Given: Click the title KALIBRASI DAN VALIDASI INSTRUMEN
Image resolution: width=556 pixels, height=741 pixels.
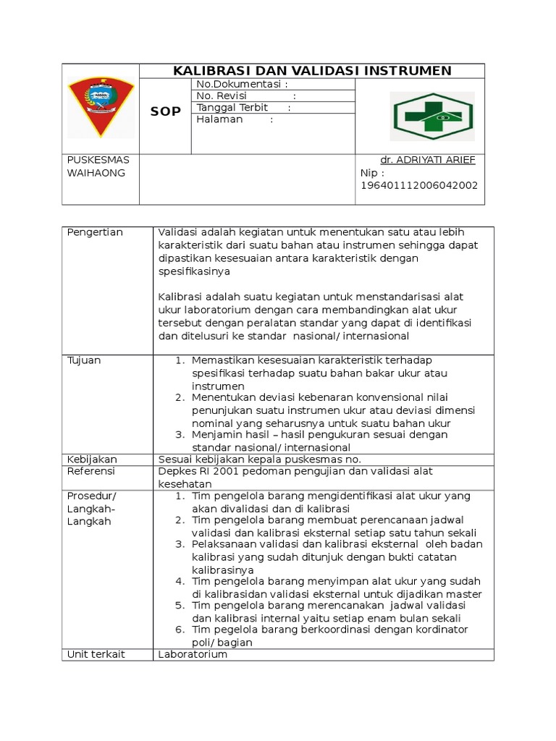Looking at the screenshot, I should click(x=311, y=71).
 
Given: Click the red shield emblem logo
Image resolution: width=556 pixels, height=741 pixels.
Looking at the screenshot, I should click(x=101, y=107).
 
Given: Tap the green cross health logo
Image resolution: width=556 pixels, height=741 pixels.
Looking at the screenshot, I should click(x=432, y=116).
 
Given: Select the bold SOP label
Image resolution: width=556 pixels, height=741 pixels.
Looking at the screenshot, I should click(x=165, y=111).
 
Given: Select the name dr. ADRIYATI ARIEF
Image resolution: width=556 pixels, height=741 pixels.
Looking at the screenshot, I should click(x=428, y=160).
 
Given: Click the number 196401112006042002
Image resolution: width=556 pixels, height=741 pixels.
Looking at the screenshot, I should click(x=418, y=186).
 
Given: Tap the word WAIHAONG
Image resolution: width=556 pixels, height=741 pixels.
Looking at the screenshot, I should click(x=96, y=173).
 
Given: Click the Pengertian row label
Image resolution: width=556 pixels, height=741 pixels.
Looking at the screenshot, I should click(x=95, y=232).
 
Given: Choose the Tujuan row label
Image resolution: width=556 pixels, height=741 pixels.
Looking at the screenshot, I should click(x=84, y=360).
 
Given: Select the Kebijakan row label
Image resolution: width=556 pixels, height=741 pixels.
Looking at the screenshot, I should click(x=92, y=460).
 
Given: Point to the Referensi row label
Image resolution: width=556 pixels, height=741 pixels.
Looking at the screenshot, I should click(x=91, y=472).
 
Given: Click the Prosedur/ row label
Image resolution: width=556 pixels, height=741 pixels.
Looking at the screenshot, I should click(x=91, y=496).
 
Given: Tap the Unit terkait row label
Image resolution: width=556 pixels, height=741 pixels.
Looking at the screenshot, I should click(x=96, y=654).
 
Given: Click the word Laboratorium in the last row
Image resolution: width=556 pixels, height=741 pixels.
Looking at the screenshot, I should click(x=193, y=654).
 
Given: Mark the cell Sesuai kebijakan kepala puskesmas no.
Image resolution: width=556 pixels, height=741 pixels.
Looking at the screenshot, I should click(x=259, y=460).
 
